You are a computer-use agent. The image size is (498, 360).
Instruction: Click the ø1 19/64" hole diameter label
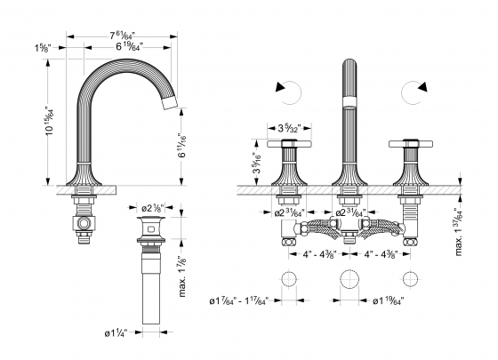pos(383,300)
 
